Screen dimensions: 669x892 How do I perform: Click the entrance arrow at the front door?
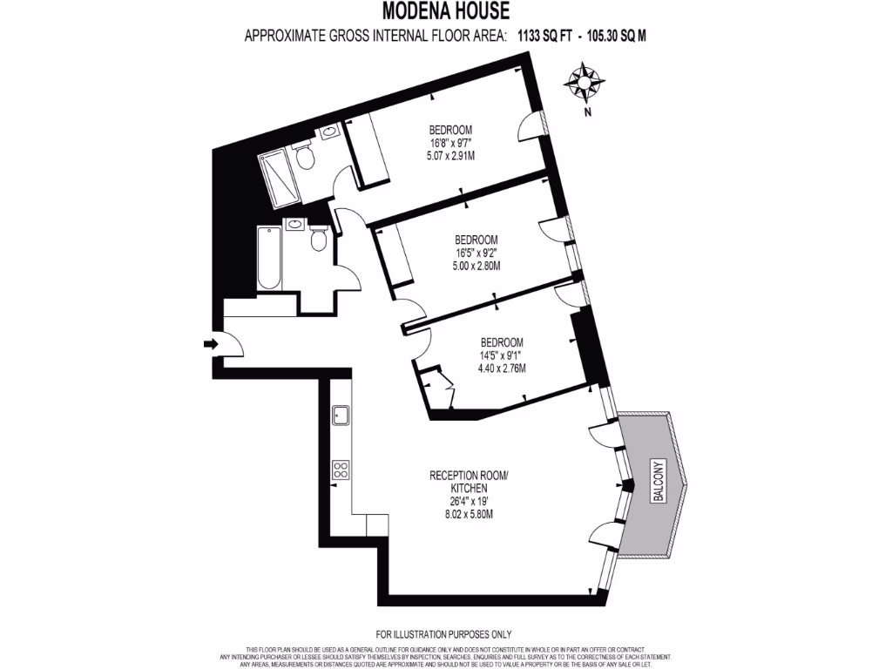(x=210, y=345)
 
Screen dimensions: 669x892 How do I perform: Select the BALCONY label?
(x=658, y=481)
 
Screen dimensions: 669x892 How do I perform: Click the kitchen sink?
(x=340, y=415)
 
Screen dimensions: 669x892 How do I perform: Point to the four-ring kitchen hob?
(x=341, y=470)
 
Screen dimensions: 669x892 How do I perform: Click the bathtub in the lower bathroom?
(x=268, y=258)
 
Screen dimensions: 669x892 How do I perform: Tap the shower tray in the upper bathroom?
(x=277, y=178)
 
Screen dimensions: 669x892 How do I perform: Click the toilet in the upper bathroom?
(x=304, y=158)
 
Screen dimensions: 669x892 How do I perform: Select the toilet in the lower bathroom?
(x=318, y=239)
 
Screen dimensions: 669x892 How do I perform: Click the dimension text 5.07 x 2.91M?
(x=450, y=156)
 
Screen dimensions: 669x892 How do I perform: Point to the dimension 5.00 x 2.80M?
(x=476, y=266)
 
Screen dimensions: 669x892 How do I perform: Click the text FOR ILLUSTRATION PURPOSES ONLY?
(x=444, y=634)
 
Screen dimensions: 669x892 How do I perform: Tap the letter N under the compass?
(x=588, y=111)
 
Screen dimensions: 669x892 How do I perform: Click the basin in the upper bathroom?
(x=328, y=132)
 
